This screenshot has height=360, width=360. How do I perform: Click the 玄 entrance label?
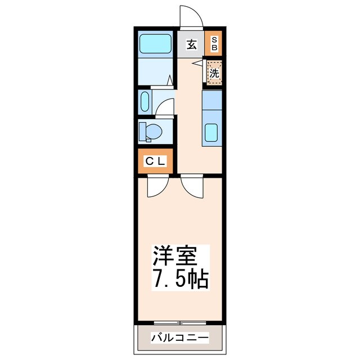click(192, 45)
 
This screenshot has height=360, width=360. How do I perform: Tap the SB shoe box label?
click(214, 44)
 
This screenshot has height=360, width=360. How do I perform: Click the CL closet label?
click(155, 161)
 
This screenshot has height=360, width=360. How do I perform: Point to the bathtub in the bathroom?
click(155, 43)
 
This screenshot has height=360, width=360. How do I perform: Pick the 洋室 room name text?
click(175, 257)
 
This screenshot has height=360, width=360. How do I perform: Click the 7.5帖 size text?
click(180, 279)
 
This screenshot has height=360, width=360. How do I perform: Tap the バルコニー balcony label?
click(179, 338)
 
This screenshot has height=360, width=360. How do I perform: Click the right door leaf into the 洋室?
click(191, 186)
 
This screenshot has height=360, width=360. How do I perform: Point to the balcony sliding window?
click(179, 323)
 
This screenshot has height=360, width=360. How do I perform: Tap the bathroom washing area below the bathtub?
click(155, 71)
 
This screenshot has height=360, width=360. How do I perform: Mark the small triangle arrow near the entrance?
click(196, 64)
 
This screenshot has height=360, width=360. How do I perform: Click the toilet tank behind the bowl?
click(142, 131)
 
